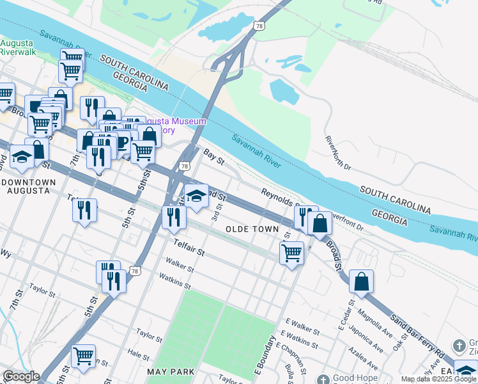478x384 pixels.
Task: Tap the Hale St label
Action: click(x=134, y=353)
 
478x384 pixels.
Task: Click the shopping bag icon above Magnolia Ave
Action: click(x=361, y=281)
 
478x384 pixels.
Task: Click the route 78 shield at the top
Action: click(x=258, y=26)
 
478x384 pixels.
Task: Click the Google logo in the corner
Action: click(x=20, y=376)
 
